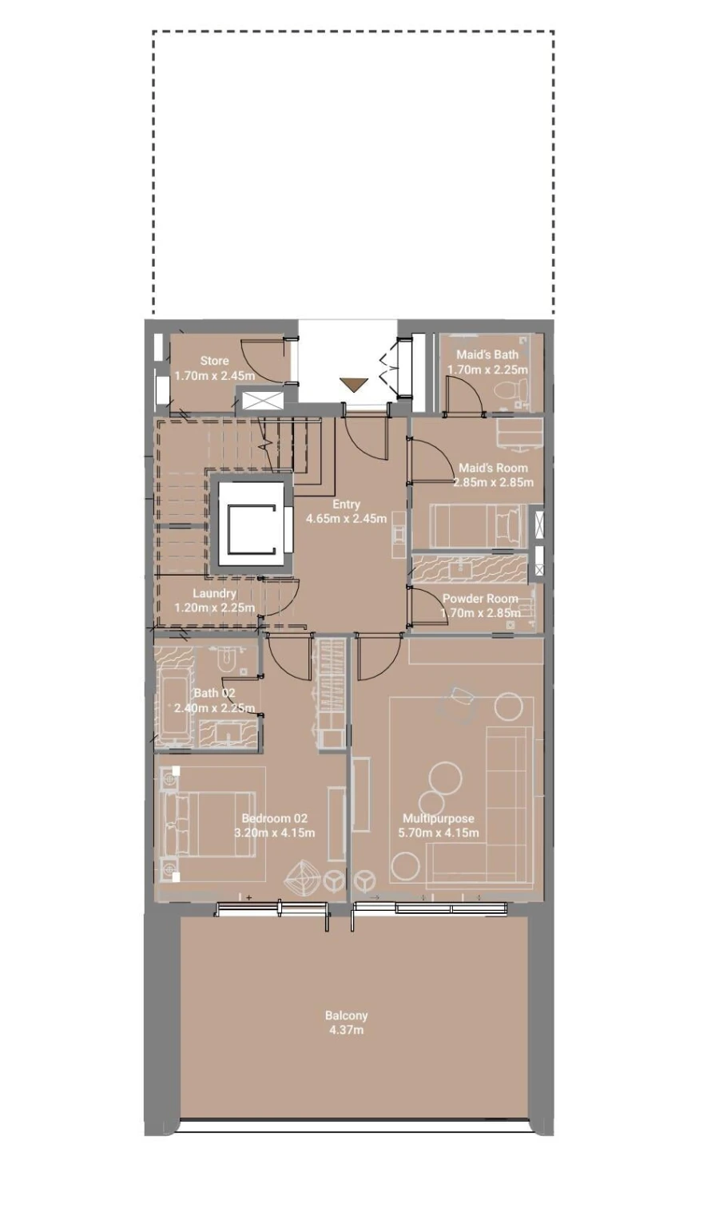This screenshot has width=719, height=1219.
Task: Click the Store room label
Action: [x=214, y=361]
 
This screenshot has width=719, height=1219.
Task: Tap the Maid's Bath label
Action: [x=487, y=354]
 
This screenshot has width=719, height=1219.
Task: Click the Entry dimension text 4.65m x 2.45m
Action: [x=346, y=519]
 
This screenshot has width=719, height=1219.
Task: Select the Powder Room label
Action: [x=479, y=599]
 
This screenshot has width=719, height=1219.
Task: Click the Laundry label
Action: [x=214, y=593]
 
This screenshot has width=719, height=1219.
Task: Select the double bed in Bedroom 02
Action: [x=209, y=824]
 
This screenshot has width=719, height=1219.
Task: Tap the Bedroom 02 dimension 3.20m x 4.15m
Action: [x=274, y=833]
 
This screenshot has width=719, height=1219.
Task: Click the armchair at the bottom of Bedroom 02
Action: [x=303, y=877]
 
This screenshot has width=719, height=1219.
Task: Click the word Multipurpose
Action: [x=438, y=818]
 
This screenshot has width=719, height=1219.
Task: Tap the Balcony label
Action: [x=346, y=1015]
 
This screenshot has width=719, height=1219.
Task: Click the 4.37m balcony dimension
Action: [x=346, y=1031]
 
